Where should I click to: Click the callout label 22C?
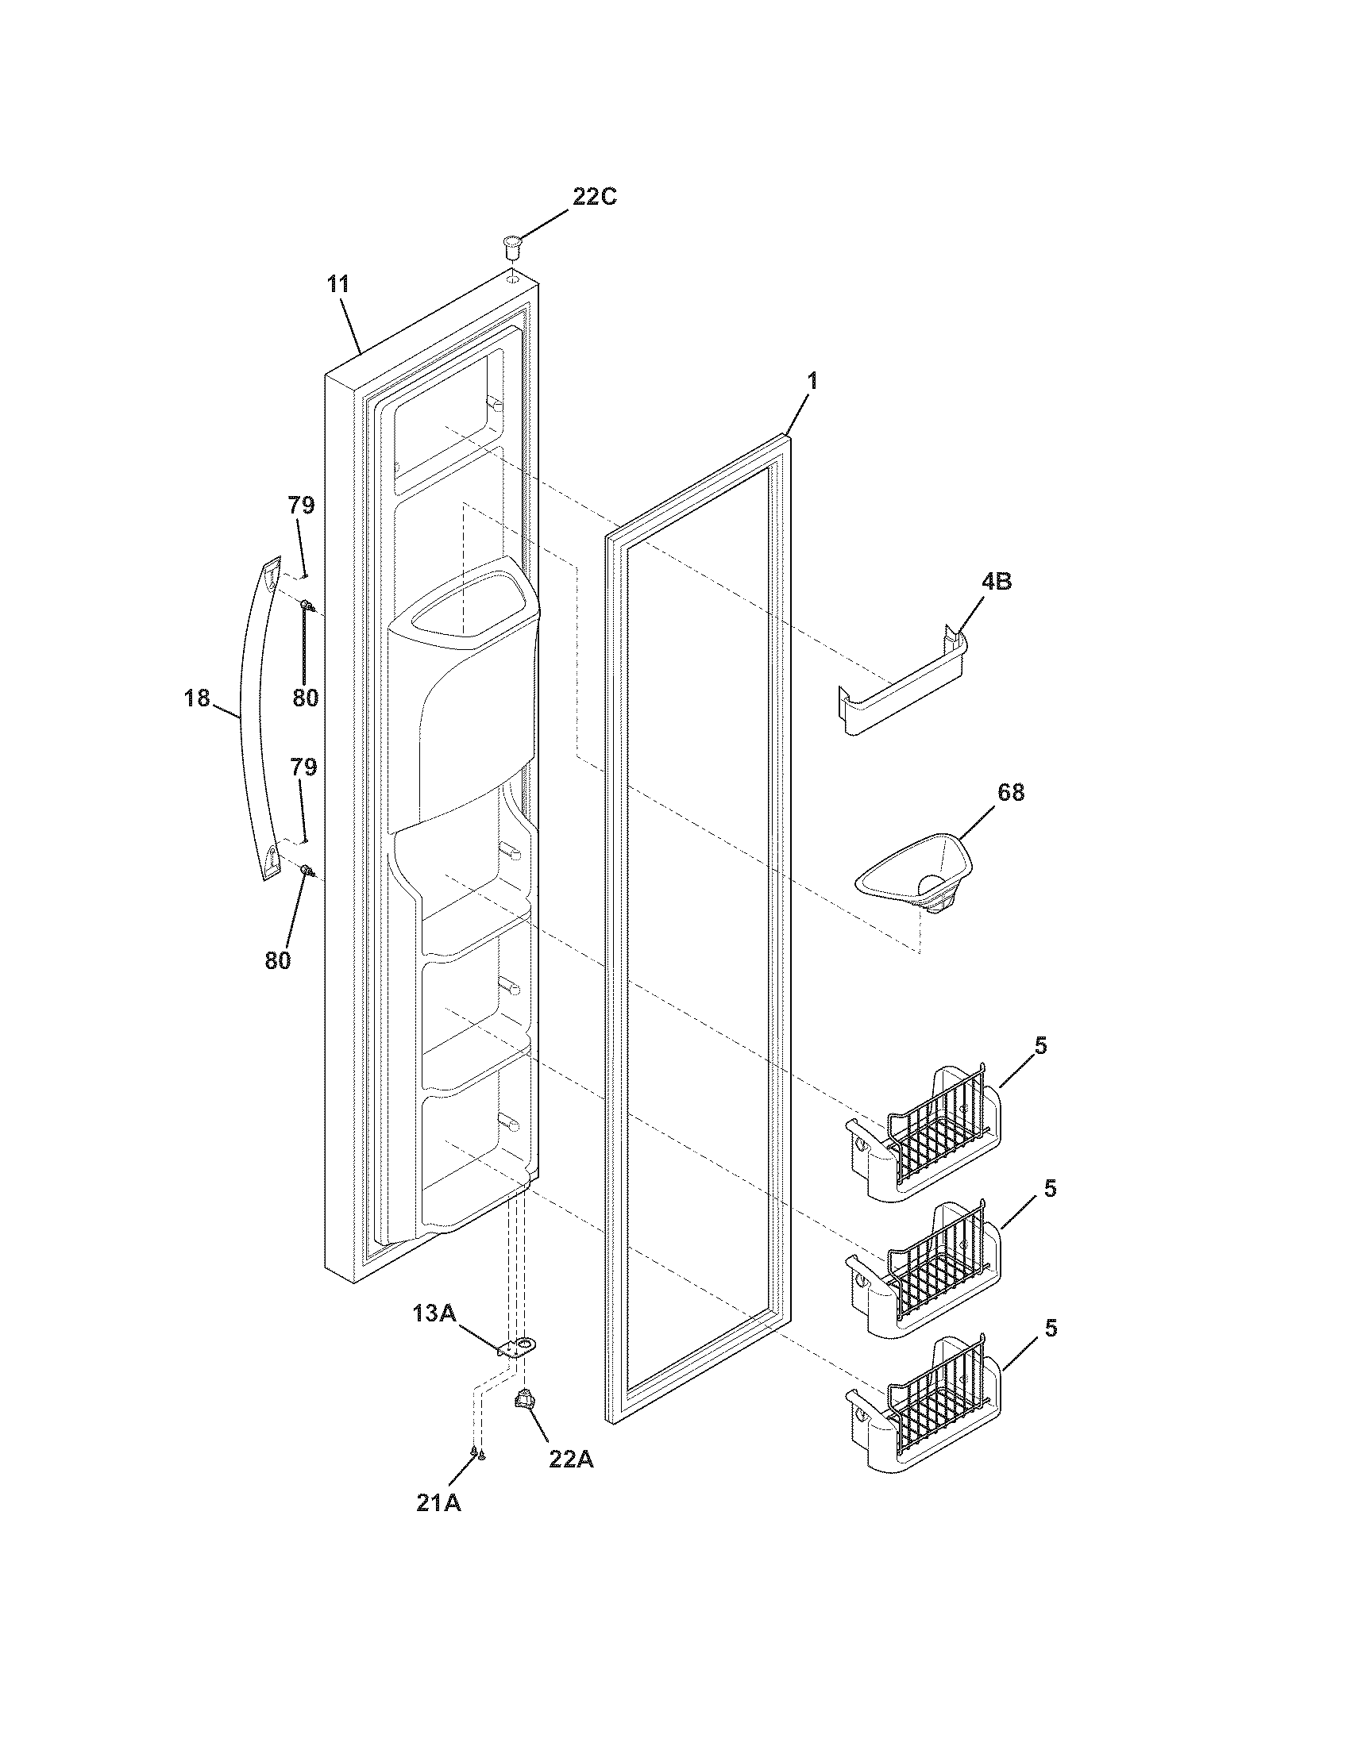click(594, 197)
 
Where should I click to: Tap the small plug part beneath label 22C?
click(511, 245)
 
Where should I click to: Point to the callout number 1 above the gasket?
click(812, 381)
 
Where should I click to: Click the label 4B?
click(996, 581)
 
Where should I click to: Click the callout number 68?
click(1011, 792)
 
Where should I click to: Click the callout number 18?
click(196, 698)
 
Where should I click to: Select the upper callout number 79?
click(302, 506)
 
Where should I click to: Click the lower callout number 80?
click(277, 960)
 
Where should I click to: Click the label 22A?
click(571, 1459)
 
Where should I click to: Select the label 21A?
click(438, 1502)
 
